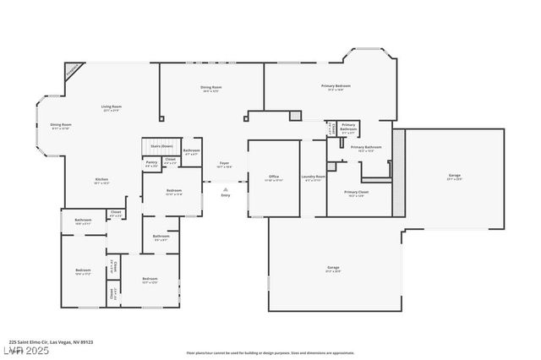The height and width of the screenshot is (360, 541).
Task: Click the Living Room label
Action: [x=112, y=106]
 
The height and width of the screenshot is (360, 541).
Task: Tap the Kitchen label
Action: [x=101, y=179]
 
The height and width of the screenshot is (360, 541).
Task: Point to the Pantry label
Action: [x=151, y=162]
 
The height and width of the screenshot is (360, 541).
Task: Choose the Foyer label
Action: [x=224, y=163]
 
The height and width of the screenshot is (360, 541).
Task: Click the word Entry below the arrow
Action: [x=225, y=195]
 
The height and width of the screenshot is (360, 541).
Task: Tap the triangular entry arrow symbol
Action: [x=225, y=188]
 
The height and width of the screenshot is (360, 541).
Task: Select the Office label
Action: [x=273, y=177]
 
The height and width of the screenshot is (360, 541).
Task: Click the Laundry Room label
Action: [x=314, y=177]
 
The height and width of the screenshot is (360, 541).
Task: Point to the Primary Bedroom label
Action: [x=336, y=86]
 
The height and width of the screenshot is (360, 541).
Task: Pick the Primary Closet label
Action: [x=357, y=192]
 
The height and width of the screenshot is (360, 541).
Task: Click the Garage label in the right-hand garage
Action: [x=455, y=177]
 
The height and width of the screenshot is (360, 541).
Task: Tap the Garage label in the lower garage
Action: [x=334, y=268]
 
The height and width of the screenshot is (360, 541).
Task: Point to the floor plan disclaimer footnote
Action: [x=270, y=352]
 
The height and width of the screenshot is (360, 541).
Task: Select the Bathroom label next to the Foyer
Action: [x=192, y=152]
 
